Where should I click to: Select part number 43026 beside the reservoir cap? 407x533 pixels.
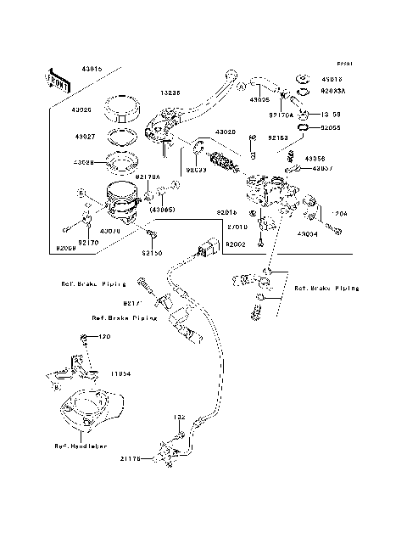[82, 109]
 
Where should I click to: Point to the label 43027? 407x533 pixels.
[82, 137]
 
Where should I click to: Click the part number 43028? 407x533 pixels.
[82, 162]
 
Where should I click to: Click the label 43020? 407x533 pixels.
[225, 133]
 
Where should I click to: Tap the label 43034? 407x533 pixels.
[307, 234]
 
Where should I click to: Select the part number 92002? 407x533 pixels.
[235, 244]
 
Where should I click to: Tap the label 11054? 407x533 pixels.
[119, 372]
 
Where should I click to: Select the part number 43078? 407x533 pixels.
[110, 231]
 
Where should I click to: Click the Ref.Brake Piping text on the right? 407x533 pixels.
[326, 288]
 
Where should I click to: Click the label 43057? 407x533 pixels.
[323, 168]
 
